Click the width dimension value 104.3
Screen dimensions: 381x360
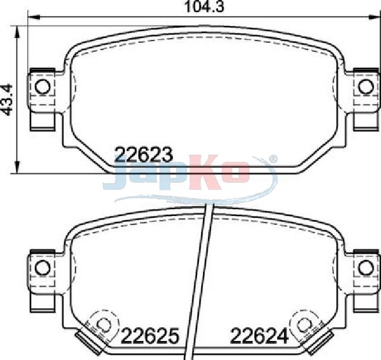click(x=204, y=7)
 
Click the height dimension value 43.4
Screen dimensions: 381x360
click(x=7, y=99)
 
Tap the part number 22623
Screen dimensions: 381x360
click(x=143, y=155)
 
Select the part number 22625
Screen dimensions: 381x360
click(x=150, y=336)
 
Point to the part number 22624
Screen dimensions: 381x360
click(x=259, y=336)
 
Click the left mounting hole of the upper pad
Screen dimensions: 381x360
click(x=43, y=87)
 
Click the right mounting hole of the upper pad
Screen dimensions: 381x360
click(x=366, y=87)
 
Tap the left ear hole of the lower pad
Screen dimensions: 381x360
click(x=43, y=268)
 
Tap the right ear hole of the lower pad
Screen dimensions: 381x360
click(x=366, y=268)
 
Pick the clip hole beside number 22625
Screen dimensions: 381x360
click(x=104, y=324)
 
